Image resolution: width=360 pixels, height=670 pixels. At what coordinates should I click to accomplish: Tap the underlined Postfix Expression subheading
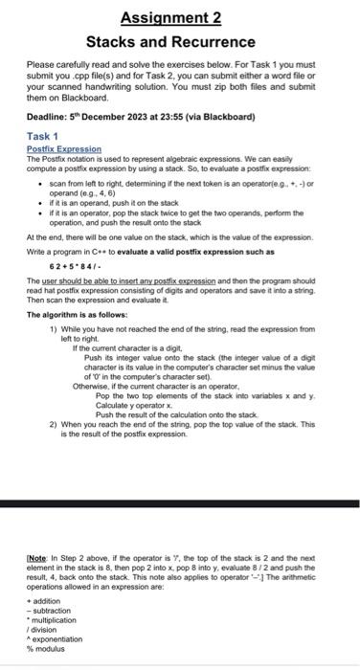coord(64,149)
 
